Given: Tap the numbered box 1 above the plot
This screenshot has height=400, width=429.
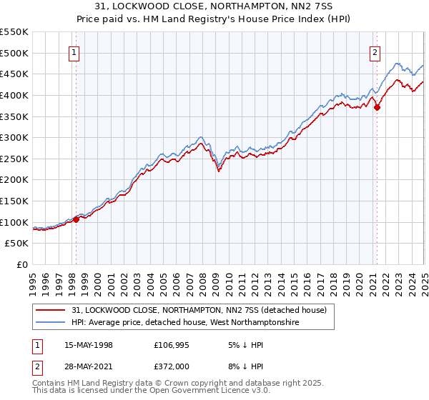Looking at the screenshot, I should point(74,51).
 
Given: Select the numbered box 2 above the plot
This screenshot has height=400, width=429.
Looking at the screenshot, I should point(375,51).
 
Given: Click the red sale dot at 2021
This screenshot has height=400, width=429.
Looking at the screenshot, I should point(377,107).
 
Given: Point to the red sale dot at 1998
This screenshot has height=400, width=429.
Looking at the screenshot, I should point(76,219).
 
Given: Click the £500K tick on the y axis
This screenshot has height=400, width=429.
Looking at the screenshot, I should point(15,53).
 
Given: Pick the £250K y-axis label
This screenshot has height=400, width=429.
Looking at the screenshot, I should point(15,159).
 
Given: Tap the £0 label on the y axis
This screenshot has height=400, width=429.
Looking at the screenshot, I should point(21,264).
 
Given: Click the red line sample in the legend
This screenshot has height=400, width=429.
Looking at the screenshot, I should point(50,310).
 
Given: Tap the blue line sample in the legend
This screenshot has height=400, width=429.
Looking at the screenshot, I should point(50,323).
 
